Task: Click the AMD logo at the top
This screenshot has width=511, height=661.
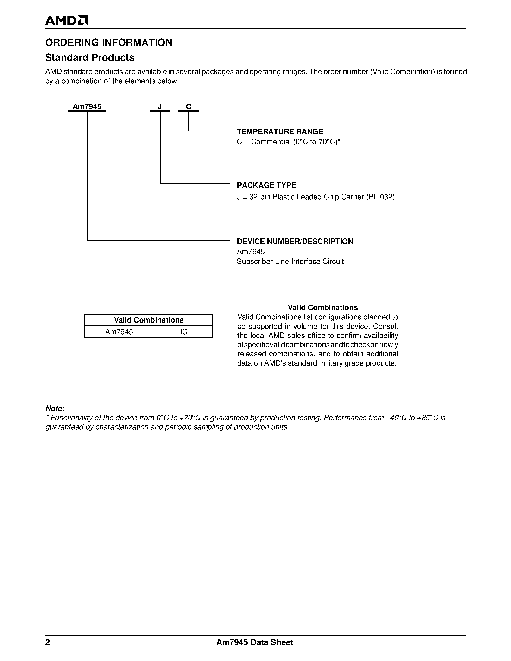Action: (x=66, y=21)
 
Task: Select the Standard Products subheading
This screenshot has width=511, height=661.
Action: (x=90, y=57)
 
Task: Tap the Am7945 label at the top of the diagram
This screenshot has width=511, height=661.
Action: (x=87, y=106)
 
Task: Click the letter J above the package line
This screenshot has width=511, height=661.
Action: (x=159, y=106)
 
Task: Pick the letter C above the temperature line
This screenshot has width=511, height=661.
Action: (x=188, y=106)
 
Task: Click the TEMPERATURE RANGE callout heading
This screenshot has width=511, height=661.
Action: (x=280, y=131)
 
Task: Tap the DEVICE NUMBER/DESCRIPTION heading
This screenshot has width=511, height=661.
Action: (x=295, y=241)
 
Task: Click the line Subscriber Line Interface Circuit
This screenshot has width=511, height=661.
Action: (x=290, y=262)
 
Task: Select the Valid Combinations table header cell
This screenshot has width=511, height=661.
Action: (x=149, y=320)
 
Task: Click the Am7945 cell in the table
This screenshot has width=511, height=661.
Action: (x=119, y=332)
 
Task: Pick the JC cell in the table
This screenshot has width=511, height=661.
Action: (x=183, y=332)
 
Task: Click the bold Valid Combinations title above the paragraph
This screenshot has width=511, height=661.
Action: (x=322, y=307)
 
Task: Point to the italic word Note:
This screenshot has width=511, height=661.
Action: (x=55, y=408)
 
